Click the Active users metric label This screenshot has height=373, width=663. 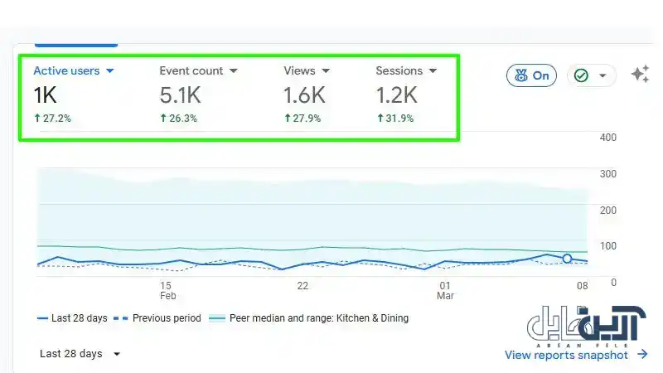point(66,70)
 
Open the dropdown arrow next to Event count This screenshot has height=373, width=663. point(234,71)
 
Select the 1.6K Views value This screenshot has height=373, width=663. point(304,95)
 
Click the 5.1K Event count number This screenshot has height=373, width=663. point(180,95)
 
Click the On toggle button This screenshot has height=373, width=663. point(531,75)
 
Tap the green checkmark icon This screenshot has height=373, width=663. point(581,75)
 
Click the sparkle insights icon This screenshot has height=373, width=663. point(640,74)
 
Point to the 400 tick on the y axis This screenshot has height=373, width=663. point(608,138)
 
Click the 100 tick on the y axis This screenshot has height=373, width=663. point(608,246)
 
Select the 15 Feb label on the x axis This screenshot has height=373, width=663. point(167,291)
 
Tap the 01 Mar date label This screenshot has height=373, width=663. point(445,291)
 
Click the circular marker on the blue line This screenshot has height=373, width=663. point(567,259)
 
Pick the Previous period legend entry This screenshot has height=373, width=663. point(157,318)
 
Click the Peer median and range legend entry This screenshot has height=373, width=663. point(309,318)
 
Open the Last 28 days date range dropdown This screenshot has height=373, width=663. point(80,354)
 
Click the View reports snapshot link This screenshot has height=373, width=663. point(576,355)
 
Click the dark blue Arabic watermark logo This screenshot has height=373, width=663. point(586,324)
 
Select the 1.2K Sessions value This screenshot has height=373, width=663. point(397,95)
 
